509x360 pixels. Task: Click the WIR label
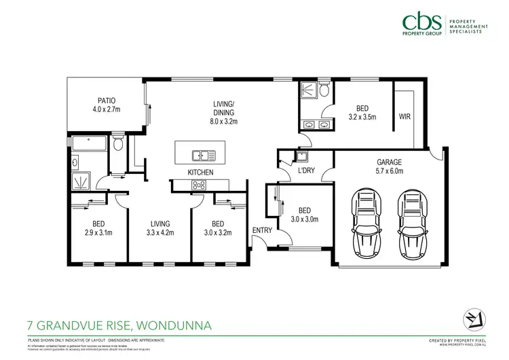tap(405, 116)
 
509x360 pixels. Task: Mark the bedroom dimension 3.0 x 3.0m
tap(305, 219)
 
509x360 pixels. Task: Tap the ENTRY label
tap(262, 231)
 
